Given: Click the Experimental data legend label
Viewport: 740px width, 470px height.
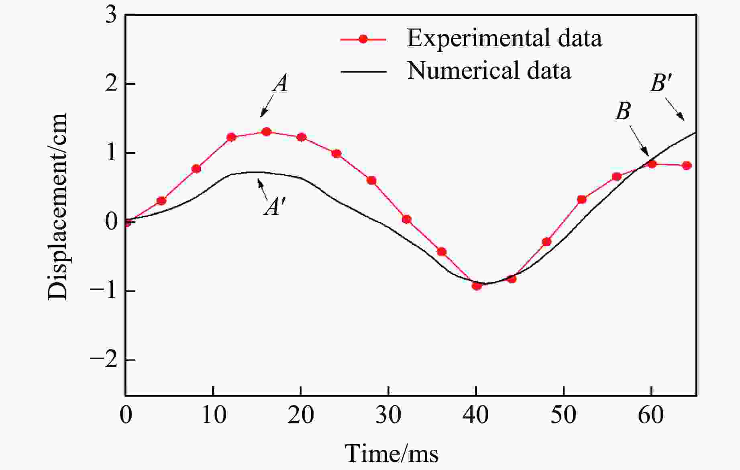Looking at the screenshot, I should coord(504,39).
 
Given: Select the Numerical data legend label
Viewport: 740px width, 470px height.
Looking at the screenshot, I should coord(489,71).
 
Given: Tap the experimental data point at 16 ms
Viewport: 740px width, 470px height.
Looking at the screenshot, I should coord(266,132).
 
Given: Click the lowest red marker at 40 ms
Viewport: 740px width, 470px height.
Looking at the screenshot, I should coord(477,286).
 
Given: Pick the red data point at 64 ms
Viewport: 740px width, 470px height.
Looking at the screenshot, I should coord(687,166).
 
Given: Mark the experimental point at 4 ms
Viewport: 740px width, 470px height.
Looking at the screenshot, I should coord(161,200).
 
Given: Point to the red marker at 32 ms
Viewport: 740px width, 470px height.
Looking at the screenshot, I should coord(406,219).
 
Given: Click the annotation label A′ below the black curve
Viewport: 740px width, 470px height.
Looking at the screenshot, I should coord(275,208).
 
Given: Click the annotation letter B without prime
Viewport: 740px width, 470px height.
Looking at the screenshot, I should coord(623,111).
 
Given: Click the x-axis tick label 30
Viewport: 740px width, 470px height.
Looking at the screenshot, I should coord(388,415).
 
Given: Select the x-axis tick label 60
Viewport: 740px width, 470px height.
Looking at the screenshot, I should coord(651,415).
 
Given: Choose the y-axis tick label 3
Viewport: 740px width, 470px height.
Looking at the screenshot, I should coord(111,16).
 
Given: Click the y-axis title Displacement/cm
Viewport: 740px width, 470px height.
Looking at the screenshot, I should coord(57,206).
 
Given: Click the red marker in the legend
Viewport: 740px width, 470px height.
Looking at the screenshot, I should coord(363,39).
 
